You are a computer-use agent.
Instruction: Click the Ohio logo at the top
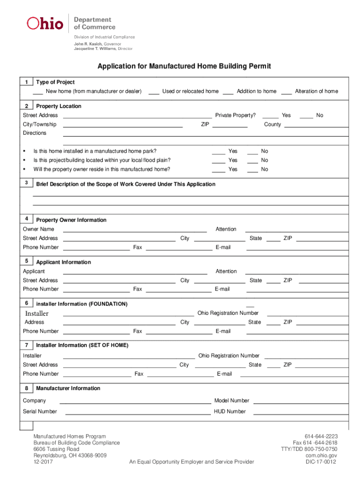coord(45,23)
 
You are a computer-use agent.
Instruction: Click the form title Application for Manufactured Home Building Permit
coord(184,66)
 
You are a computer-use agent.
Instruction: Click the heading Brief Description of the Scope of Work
coord(126,184)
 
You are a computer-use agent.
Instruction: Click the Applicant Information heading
coord(64,262)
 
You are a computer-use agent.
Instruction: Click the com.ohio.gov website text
coord(321,456)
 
